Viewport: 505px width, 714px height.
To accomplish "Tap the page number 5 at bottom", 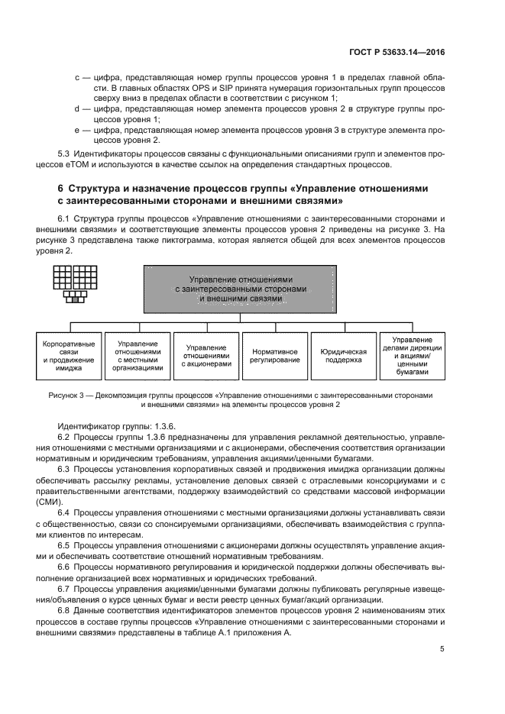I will tap(442, 649).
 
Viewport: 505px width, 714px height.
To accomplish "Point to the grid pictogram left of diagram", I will tap(73, 282).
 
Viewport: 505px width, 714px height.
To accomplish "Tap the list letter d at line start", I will tap(76, 109).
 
